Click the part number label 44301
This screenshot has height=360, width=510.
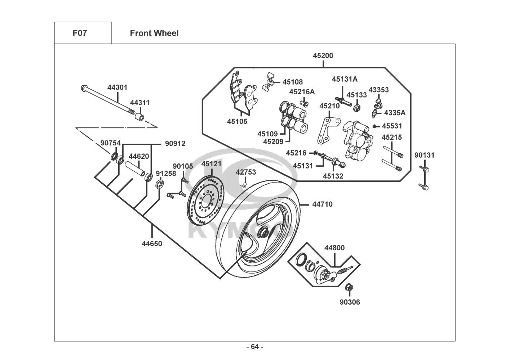click(117, 87)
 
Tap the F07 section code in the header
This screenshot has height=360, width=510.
click(80, 33)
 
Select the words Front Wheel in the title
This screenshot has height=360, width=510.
click(154, 33)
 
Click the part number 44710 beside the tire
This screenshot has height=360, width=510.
click(322, 204)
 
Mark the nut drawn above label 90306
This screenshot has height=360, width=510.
click(349, 287)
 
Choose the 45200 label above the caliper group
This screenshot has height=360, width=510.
click(323, 56)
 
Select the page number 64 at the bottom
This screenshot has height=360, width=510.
click(254, 347)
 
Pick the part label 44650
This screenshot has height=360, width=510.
click(152, 244)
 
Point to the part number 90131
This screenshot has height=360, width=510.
click(424, 155)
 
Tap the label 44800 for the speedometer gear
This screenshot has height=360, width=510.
click(334, 248)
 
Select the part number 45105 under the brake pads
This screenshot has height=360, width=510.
click(237, 122)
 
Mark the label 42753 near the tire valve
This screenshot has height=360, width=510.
click(246, 172)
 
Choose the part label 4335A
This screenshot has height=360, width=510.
click(395, 113)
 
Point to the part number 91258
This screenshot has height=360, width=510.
click(166, 174)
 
